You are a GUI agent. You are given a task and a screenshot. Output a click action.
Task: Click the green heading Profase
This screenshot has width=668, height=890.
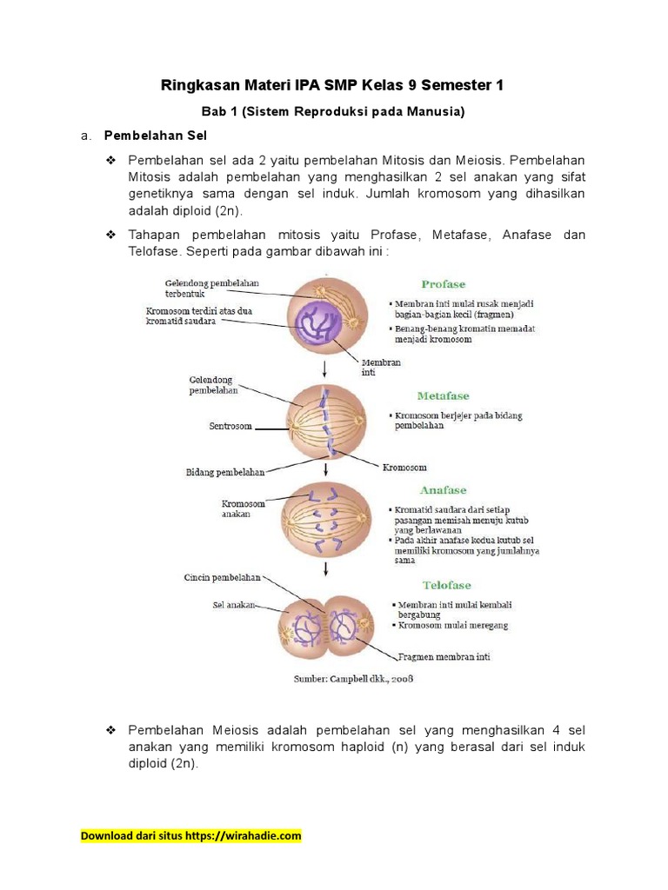[x=443, y=284]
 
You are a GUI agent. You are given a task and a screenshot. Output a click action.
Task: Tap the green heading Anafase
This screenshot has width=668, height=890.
[x=443, y=490]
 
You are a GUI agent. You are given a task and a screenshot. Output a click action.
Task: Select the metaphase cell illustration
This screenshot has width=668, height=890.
[x=326, y=423]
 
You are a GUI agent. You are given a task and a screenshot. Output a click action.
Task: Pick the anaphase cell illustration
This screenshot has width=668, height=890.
[x=325, y=518]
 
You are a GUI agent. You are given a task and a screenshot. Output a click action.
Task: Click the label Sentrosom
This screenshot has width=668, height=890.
[x=230, y=427]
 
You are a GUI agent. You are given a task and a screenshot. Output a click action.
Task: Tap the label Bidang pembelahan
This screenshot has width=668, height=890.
[x=225, y=472]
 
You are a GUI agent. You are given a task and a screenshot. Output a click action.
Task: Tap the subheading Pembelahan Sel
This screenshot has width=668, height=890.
[x=155, y=136]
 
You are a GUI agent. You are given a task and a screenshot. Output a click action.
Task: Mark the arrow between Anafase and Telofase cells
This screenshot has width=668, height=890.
[x=325, y=569]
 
